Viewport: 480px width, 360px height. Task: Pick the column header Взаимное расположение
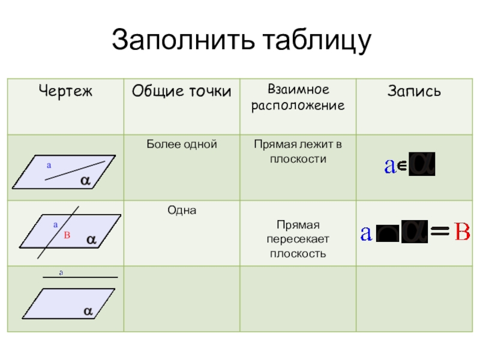pyautogui.click(x=298, y=98)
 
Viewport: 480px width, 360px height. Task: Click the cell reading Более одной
pyautogui.click(x=181, y=145)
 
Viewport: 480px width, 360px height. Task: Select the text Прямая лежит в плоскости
pyautogui.click(x=298, y=152)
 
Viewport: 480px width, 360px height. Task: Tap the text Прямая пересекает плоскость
pyautogui.click(x=298, y=239)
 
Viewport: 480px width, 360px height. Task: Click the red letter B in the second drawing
pyautogui.click(x=67, y=236)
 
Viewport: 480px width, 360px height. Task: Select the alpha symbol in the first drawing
pyautogui.click(x=85, y=180)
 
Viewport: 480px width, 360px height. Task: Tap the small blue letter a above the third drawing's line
pyautogui.click(x=61, y=272)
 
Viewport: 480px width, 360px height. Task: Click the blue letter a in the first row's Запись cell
pyautogui.click(x=390, y=166)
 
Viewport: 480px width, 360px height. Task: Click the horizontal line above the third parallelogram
pyautogui.click(x=79, y=278)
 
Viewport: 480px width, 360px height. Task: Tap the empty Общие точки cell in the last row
pyautogui.click(x=181, y=299)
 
